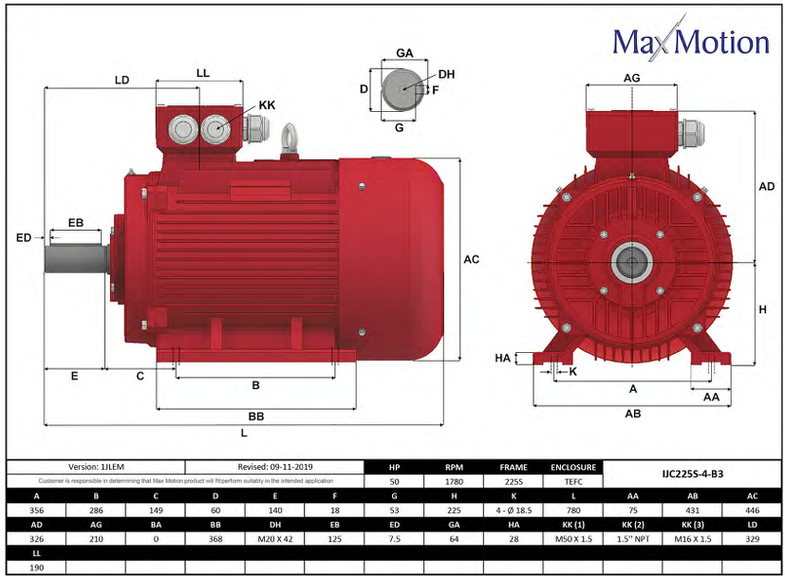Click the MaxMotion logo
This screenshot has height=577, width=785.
tap(689, 40)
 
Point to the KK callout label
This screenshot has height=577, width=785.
tap(267, 104)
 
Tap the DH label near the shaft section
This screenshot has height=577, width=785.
tap(446, 74)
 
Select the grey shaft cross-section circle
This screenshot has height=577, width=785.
tap(401, 91)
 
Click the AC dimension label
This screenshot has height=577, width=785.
tap(472, 259)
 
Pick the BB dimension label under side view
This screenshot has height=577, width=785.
tap(255, 417)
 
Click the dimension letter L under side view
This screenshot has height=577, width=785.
tap(244, 433)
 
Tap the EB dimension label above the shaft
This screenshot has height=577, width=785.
tap(75, 223)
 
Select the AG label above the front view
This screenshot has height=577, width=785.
tap(631, 77)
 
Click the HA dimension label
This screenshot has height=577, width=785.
tap(503, 358)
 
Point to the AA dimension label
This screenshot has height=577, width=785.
tap(711, 398)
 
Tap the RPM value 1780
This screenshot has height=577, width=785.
tap(455, 481)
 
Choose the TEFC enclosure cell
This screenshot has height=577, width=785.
tap(573, 481)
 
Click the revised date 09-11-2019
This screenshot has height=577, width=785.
tap(274, 468)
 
